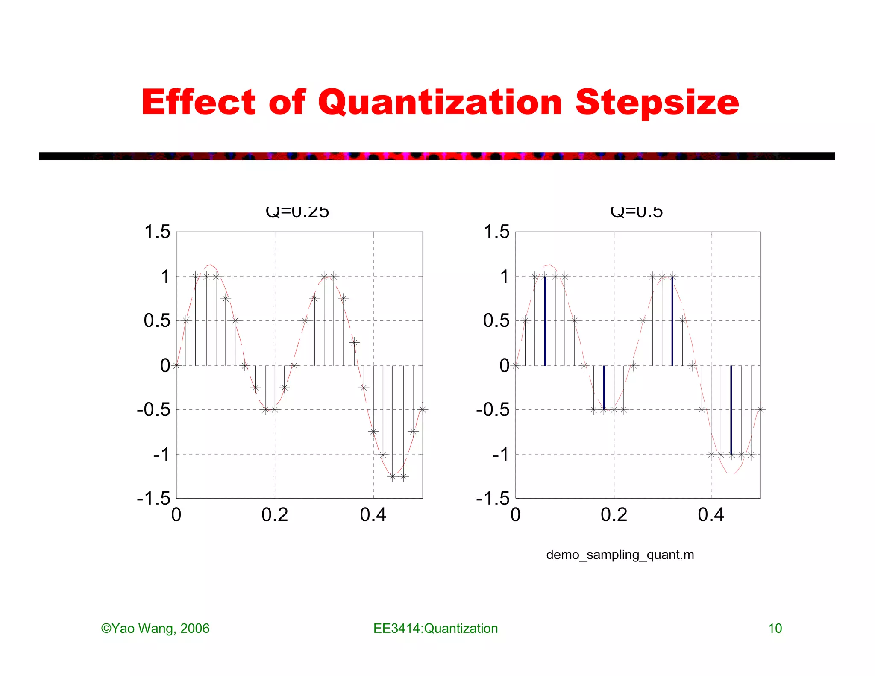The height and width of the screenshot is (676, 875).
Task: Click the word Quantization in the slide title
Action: pyautogui.click(x=440, y=103)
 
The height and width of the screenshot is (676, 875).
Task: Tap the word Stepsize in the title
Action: pyautogui.click(x=657, y=103)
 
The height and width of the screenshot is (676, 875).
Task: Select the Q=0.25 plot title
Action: pyautogui.click(x=297, y=212)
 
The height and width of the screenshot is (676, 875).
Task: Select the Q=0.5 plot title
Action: pyautogui.click(x=637, y=212)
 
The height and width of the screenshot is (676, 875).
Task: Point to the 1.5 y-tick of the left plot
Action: pyautogui.click(x=157, y=232)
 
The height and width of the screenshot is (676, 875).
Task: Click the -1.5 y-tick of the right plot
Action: pyautogui.click(x=493, y=498)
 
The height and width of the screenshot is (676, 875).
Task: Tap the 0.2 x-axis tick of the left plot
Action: pyautogui.click(x=275, y=515)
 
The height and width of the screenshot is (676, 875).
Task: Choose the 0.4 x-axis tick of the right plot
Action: pyautogui.click(x=711, y=515)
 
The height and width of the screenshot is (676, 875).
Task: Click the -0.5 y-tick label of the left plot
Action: pyautogui.click(x=153, y=410)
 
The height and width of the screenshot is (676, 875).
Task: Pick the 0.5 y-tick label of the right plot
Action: pyautogui.click(x=496, y=320)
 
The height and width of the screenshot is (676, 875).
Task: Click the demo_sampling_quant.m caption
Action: pyautogui.click(x=620, y=555)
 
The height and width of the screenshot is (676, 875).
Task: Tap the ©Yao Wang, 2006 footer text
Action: pyautogui.click(x=155, y=629)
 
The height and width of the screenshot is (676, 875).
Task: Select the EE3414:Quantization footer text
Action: pyautogui.click(x=435, y=629)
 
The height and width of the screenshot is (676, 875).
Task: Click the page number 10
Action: pyautogui.click(x=775, y=629)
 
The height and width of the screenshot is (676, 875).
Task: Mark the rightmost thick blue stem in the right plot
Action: pyautogui.click(x=731, y=410)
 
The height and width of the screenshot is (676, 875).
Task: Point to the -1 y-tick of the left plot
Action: pyautogui.click(x=161, y=454)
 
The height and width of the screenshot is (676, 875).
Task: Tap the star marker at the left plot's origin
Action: pyautogui.click(x=176, y=365)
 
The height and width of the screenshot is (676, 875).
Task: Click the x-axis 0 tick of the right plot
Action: pyautogui.click(x=516, y=515)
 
